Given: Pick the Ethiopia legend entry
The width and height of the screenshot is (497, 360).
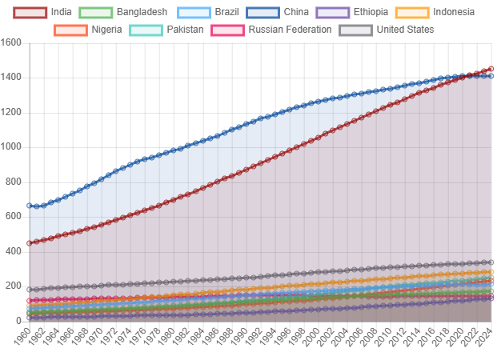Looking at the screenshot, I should [356, 12].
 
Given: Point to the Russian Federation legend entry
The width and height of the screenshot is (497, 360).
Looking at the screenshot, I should [272, 30].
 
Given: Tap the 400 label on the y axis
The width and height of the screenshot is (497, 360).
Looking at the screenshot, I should [14, 251].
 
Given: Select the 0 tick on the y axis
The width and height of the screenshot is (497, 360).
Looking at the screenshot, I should [18, 321].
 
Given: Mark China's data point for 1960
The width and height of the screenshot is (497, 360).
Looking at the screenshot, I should [30, 205].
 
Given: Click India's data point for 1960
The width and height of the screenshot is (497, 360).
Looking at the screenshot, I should [30, 242].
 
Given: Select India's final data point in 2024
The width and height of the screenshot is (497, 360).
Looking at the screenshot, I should [491, 69].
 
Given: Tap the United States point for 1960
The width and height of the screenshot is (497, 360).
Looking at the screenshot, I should [30, 290].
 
